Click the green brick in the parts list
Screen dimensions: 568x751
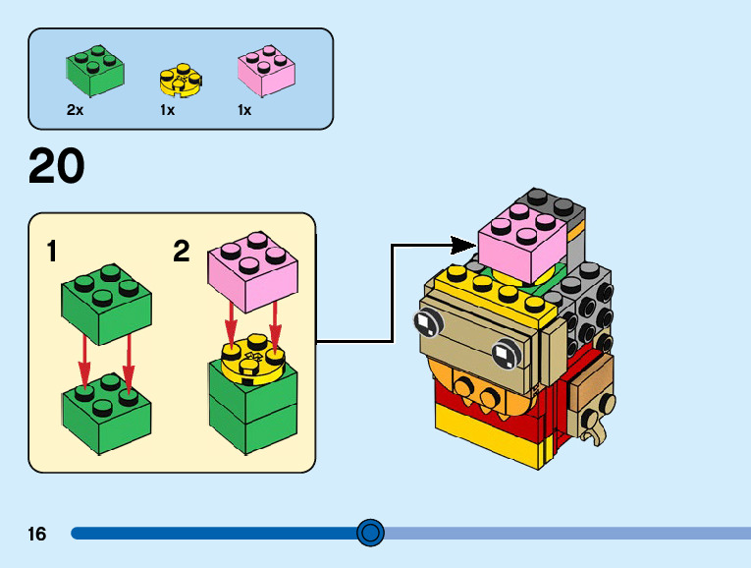click(95, 70)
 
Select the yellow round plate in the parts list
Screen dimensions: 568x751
click(180, 81)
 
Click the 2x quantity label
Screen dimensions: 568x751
click(76, 111)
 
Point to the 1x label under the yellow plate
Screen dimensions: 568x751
click(167, 111)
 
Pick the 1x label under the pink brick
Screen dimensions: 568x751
click(244, 111)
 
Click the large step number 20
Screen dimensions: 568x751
click(57, 167)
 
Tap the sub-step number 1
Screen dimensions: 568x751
click(51, 253)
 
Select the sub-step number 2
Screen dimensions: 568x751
click(181, 253)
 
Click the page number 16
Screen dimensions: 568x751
click(37, 535)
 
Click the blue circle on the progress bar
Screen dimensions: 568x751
click(370, 534)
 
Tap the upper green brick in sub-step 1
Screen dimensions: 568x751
click(106, 303)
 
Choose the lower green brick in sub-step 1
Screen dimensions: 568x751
click(106, 410)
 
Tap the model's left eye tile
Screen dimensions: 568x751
click(424, 322)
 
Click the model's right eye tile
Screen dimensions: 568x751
click(504, 351)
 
